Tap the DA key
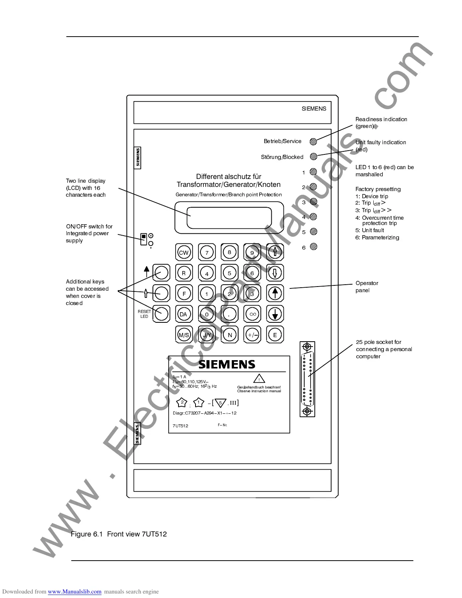pos(184,314)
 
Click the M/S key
pos(184,335)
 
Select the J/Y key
pos(207,335)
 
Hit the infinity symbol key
pos(253,314)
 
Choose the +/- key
pos(253,335)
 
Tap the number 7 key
pos(207,253)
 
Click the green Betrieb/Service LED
pos(313,142)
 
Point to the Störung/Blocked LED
pos(313,156)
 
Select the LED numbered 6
pos(313,247)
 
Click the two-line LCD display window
pos(229,218)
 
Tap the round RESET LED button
pos(162,314)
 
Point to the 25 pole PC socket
pos(307,379)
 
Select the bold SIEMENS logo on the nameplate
pos(227,364)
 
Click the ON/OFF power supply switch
pos(143,239)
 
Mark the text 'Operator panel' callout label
pos(367,287)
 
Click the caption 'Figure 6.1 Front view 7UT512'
pos(119,534)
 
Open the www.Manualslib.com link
pos(74,592)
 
